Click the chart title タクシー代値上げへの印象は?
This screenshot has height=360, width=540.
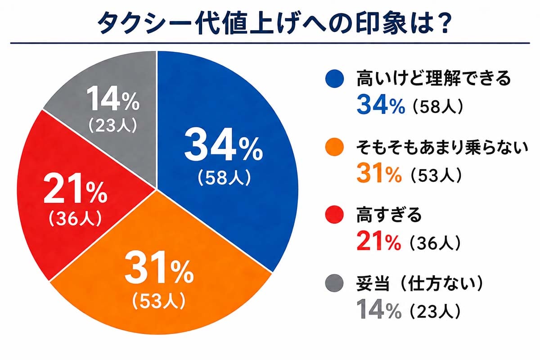click(x=270, y=21)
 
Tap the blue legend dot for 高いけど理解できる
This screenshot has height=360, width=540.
click(x=335, y=79)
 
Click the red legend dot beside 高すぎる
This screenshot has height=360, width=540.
click(x=335, y=216)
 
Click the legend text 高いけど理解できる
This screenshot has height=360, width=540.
click(x=434, y=79)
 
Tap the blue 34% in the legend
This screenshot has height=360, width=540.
click(x=379, y=105)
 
